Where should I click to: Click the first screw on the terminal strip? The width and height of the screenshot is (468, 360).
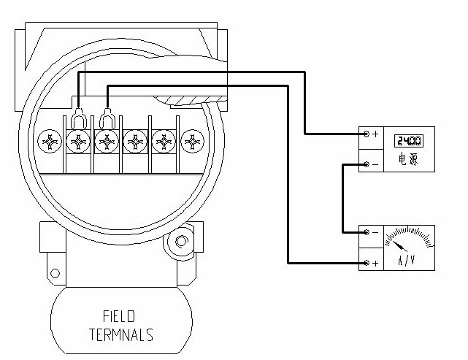[51, 140]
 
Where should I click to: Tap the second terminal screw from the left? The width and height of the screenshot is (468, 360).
[79, 140]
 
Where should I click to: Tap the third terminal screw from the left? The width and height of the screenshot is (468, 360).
[107, 140]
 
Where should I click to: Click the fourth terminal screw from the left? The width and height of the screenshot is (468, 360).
[135, 140]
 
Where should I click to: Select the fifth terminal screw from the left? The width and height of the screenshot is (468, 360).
[163, 140]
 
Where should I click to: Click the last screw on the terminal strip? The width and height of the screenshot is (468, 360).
[191, 140]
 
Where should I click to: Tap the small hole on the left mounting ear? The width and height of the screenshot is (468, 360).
[53, 273]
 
